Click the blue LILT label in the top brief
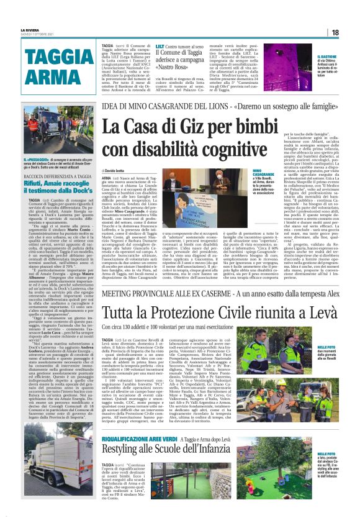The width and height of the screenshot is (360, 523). tap(161, 46)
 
